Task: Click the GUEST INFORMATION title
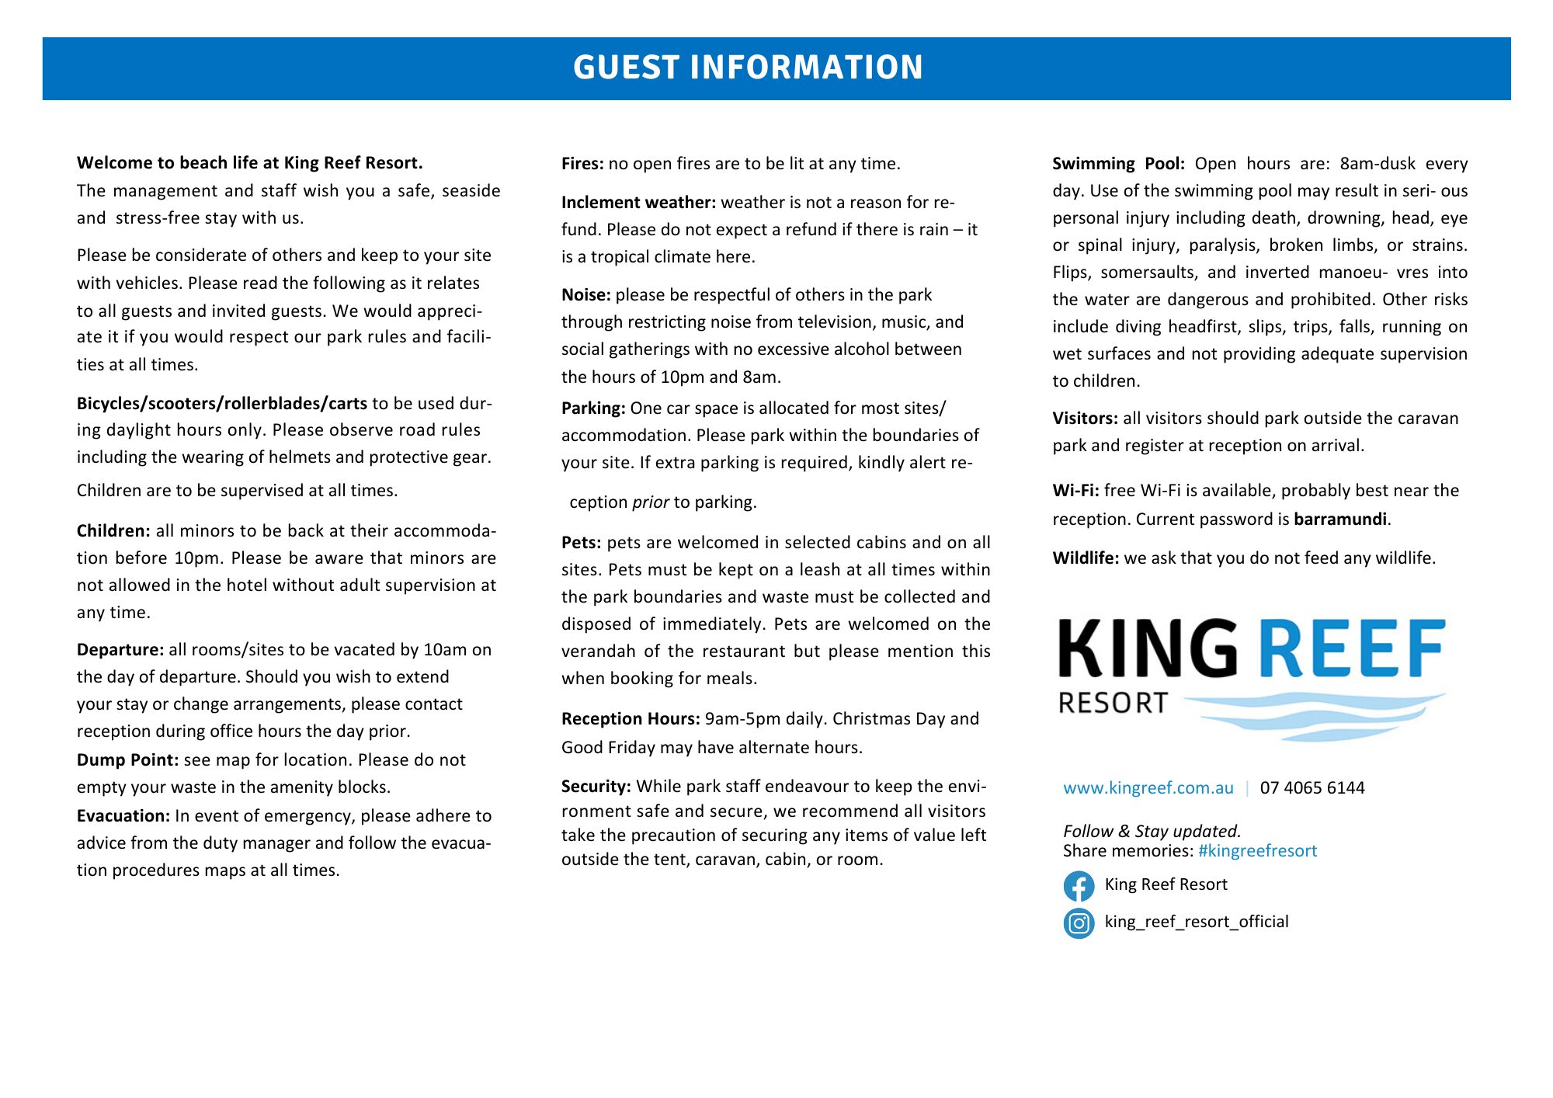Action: [748, 68]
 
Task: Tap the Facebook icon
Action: [1079, 885]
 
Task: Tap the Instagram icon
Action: [1079, 923]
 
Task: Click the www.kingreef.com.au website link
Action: [1148, 787]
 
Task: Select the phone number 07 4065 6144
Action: [1312, 787]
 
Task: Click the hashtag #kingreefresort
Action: [1257, 850]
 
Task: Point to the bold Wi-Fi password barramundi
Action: [1339, 519]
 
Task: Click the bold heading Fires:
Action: [582, 164]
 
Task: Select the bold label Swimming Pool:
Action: [1118, 164]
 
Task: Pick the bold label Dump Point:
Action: [127, 759]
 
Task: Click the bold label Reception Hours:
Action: [631, 718]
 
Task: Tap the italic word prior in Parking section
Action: [650, 502]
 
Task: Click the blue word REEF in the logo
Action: [1351, 648]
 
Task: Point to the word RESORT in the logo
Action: [1113, 703]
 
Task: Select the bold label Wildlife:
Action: [1086, 558]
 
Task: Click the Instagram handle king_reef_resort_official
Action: [1196, 922]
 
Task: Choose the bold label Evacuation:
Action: [123, 815]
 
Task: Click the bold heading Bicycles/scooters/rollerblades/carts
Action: [221, 403]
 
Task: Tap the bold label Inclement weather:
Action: [638, 203]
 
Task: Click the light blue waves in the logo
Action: [1312, 714]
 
